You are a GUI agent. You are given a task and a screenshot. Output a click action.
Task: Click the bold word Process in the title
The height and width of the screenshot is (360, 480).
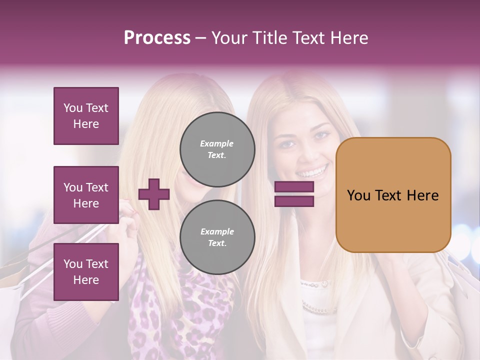[157, 38]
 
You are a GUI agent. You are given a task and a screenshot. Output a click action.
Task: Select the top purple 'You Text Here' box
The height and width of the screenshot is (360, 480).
[86, 116]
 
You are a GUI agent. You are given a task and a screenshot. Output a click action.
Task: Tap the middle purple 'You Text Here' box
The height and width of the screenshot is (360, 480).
[86, 195]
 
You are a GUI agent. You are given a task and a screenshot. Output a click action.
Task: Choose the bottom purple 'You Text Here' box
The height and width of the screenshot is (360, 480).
[86, 271]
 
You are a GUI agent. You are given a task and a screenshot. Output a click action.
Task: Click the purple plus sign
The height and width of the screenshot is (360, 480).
[154, 194]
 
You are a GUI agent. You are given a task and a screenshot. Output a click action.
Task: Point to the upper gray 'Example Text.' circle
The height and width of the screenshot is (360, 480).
[217, 149]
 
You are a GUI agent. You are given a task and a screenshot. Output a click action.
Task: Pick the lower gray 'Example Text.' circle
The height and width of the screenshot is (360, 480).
[217, 237]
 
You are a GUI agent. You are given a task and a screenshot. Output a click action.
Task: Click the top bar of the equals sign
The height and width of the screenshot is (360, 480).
[294, 187]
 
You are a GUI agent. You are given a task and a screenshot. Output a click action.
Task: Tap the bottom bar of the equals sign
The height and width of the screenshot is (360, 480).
[294, 201]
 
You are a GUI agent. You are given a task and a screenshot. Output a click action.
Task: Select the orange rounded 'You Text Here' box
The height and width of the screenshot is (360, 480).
[393, 195]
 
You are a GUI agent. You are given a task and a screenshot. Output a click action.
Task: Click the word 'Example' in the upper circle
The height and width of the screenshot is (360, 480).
[217, 143]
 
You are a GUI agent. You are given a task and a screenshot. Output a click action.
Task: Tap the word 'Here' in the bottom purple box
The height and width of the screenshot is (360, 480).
[86, 279]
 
